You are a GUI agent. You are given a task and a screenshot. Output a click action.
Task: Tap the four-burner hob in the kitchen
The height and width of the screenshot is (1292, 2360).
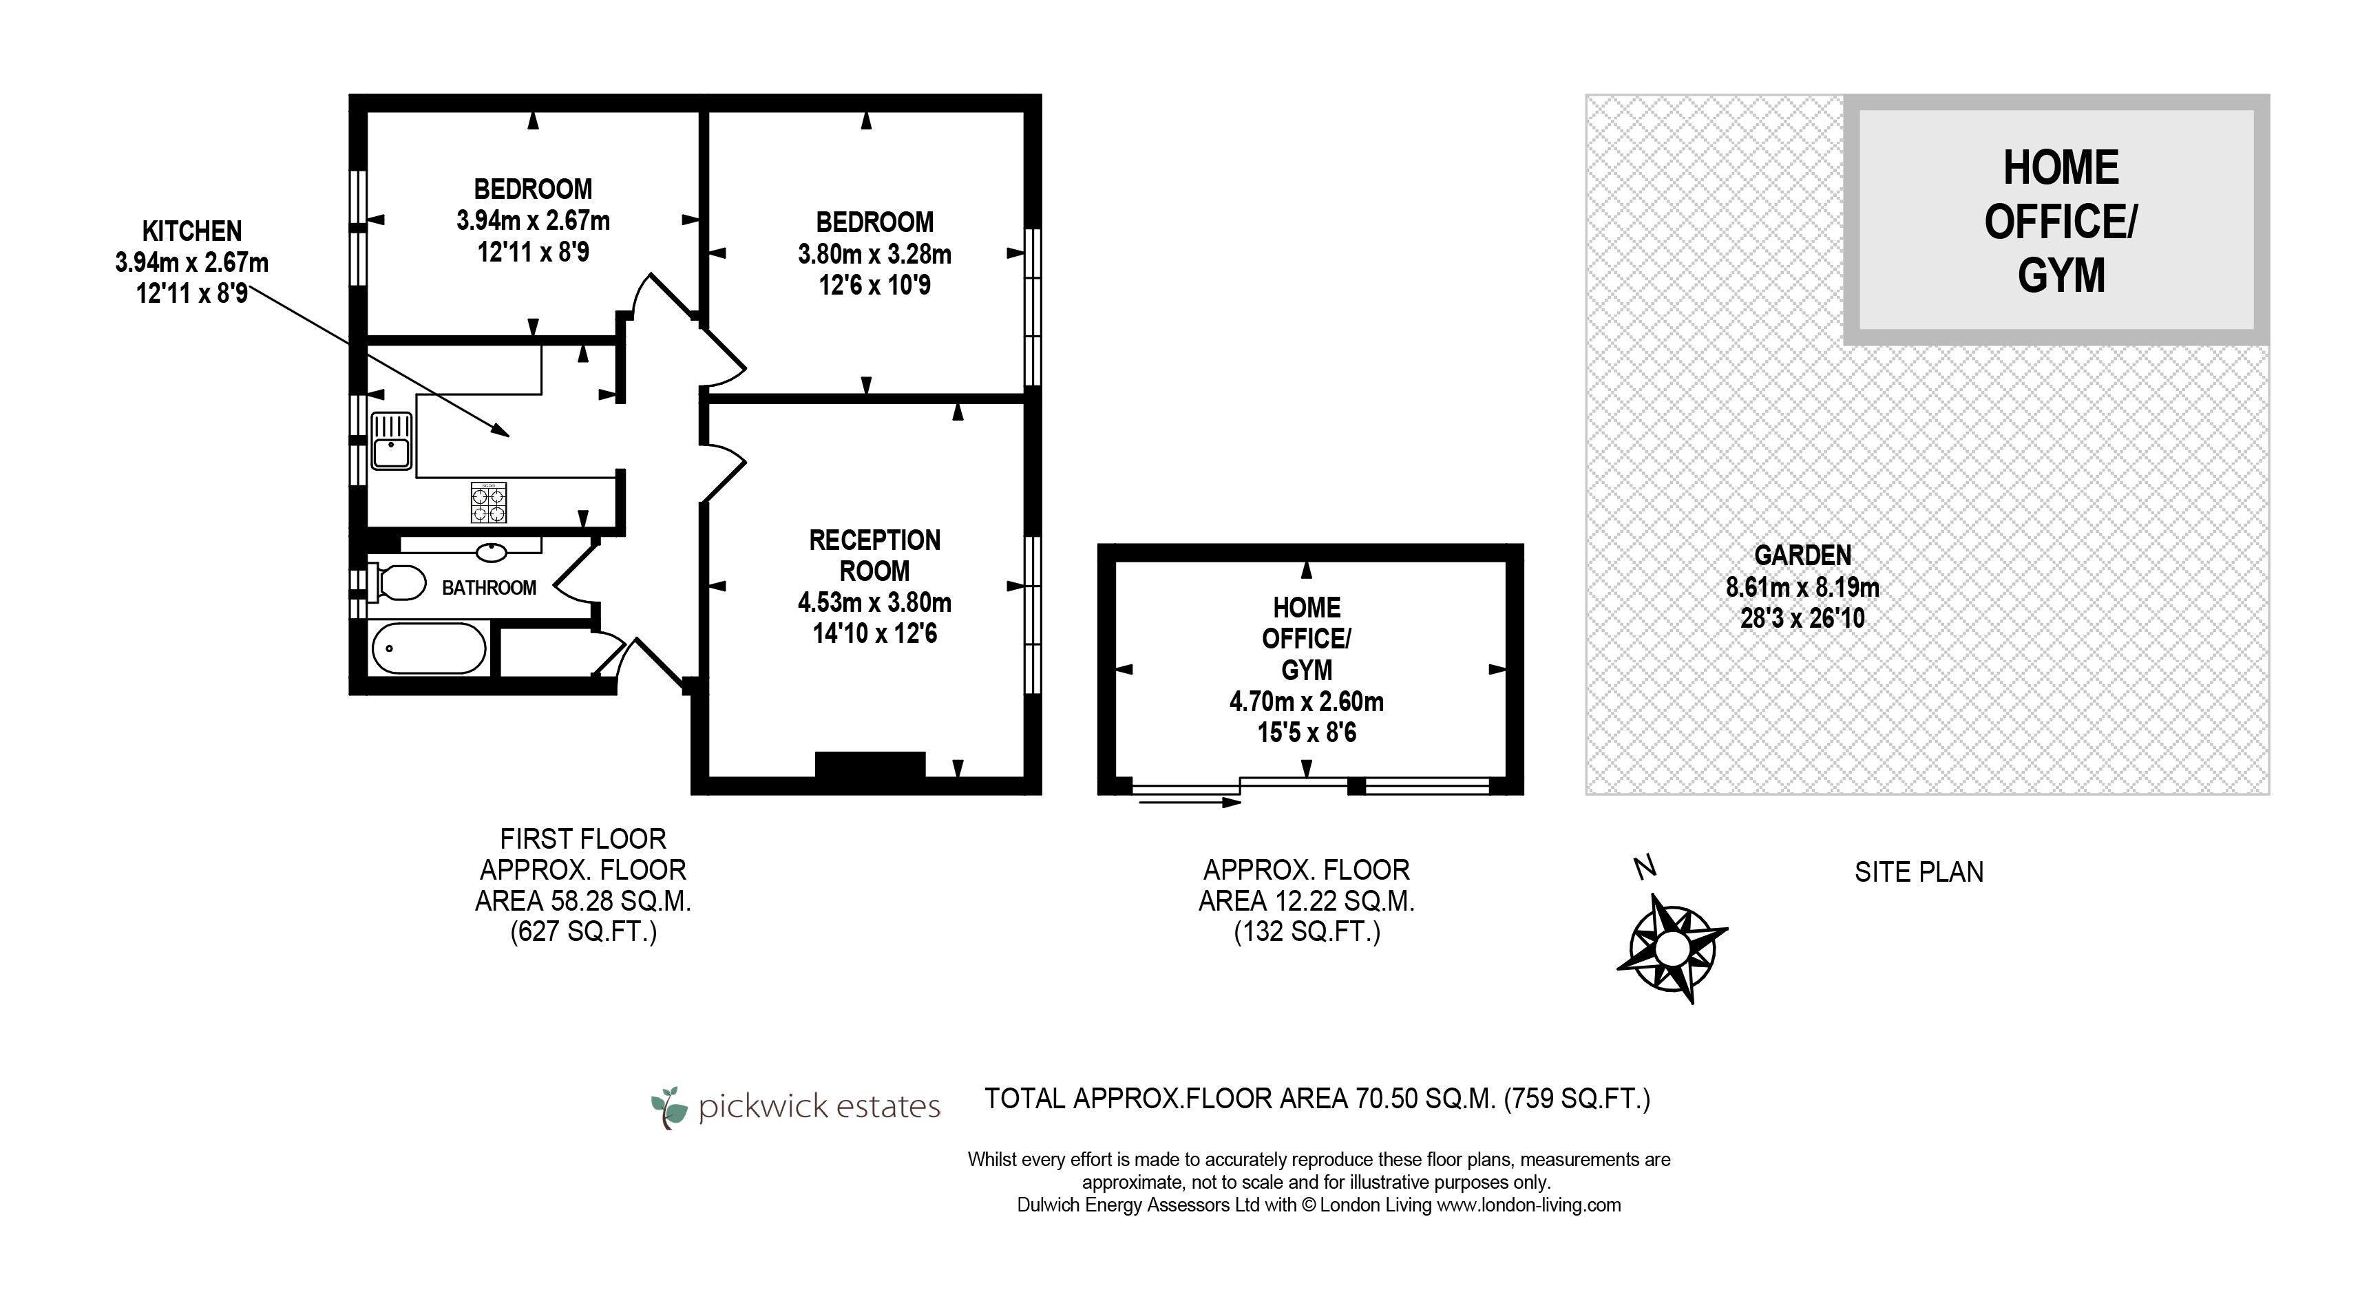pos(488,503)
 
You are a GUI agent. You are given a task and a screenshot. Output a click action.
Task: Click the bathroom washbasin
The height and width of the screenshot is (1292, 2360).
pos(492,551)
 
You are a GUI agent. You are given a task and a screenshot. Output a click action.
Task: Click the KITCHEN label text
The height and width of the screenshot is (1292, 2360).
pos(192,231)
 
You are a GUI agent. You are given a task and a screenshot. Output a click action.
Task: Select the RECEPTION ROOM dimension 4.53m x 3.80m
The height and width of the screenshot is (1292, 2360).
pos(874,602)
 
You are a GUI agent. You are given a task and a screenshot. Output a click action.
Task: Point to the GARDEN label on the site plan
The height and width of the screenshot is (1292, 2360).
pos(1803,555)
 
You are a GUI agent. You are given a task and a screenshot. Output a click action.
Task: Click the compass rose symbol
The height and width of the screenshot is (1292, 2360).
pos(1672,949)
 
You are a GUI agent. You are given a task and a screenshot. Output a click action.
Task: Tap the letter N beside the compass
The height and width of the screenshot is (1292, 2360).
pos(1645,867)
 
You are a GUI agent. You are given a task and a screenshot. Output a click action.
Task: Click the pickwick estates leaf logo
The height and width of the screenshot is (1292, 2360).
pos(670,1107)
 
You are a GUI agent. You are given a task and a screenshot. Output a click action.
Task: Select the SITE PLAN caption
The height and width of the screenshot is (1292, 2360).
pos(1919,871)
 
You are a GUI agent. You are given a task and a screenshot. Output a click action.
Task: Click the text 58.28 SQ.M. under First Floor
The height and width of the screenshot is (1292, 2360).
pos(614,901)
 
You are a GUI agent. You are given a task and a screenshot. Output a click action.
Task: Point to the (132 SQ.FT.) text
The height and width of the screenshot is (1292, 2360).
pos(1307,932)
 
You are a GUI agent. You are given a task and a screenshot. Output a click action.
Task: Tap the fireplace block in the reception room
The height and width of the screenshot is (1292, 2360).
pos(870,764)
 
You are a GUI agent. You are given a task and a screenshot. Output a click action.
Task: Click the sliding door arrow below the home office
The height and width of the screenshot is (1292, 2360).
pos(1189,803)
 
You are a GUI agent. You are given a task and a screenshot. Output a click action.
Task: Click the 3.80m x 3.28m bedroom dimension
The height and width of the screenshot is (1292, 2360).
pos(874,254)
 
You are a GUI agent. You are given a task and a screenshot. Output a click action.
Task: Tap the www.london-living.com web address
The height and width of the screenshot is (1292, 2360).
pos(1528,1205)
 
